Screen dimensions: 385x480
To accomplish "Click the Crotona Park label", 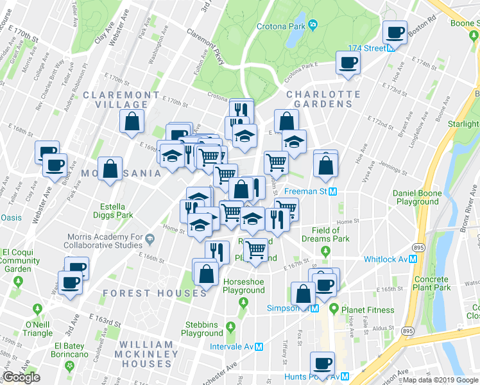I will (280, 26).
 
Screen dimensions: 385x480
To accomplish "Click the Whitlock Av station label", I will (386, 259).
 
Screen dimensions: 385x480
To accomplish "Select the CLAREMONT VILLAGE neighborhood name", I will (121, 99).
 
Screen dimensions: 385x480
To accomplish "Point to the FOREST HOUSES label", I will (154, 293).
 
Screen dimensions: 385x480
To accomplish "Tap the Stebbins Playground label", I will (201, 329).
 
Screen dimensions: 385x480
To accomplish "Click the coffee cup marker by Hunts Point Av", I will (322, 363).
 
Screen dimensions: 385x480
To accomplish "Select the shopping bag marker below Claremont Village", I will (132, 121).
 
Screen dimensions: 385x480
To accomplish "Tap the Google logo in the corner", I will (21, 377).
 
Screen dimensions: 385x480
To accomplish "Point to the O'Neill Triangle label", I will (38, 329).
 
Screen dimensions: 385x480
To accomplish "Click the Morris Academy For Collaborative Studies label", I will (104, 240).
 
